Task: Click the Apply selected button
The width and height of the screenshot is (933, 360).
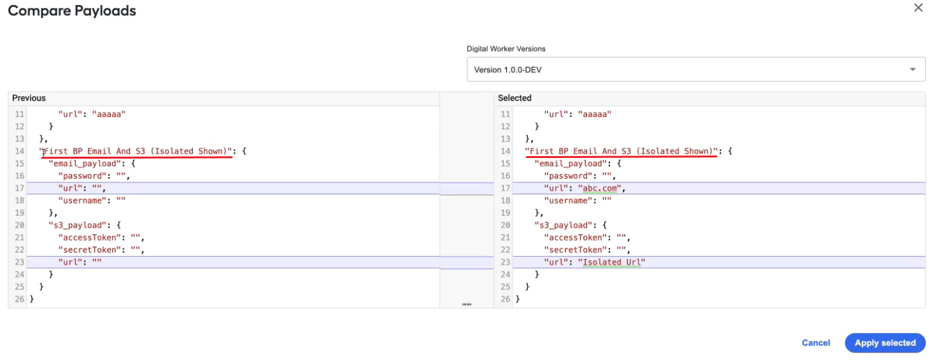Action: click(885, 343)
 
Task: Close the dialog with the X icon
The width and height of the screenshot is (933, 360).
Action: click(918, 8)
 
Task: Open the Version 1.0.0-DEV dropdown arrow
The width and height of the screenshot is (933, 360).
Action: click(913, 69)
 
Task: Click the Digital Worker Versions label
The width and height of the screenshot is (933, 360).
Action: click(506, 49)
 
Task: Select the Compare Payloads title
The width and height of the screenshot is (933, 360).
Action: click(72, 11)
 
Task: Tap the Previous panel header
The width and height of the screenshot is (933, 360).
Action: click(29, 98)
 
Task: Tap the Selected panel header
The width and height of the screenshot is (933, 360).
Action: click(515, 98)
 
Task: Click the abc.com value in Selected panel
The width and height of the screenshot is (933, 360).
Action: click(599, 189)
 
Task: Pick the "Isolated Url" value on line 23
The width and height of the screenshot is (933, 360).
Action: click(611, 262)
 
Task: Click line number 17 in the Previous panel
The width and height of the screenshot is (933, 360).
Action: click(20, 189)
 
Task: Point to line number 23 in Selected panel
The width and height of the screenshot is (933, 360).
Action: click(505, 262)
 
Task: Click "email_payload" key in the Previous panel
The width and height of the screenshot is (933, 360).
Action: click(85, 164)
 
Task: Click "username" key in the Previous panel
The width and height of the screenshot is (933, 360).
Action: click(82, 201)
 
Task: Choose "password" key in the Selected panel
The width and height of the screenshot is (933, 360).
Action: click(568, 176)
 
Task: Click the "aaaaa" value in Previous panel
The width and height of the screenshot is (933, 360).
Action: click(109, 114)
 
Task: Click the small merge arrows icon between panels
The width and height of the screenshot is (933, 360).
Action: click(466, 304)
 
